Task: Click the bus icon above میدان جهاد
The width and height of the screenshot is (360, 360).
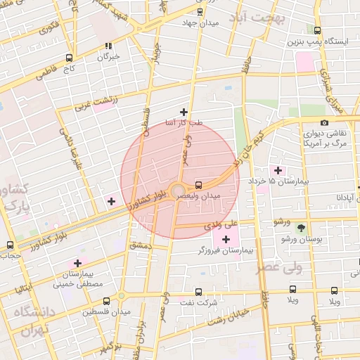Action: click(200, 12)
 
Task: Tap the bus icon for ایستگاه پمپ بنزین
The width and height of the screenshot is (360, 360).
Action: click(318, 30)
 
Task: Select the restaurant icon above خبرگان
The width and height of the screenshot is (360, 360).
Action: click(108, 45)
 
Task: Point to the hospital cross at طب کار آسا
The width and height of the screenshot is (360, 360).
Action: click(184, 112)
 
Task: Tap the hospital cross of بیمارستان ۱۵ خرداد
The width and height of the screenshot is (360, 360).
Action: click(278, 170)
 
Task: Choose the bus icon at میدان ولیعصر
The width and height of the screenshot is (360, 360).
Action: click(199, 184)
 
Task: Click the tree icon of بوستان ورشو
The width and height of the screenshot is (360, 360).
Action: click(302, 228)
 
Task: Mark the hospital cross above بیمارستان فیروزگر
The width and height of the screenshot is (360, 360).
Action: click(225, 240)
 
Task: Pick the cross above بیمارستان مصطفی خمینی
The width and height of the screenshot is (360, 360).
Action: click(77, 262)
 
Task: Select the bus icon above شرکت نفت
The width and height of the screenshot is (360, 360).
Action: click(198, 291)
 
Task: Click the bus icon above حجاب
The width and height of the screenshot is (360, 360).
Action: click(10, 245)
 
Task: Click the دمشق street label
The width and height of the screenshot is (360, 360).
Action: click(141, 245)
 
